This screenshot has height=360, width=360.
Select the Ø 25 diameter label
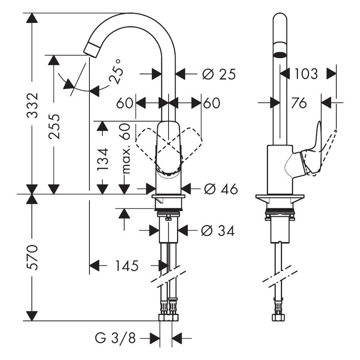219,74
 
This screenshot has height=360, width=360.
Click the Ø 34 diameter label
218,230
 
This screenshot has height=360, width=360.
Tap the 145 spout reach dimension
127,266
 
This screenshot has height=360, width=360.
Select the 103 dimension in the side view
305,74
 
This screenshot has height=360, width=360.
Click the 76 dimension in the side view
299,103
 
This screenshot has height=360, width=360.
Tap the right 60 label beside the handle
212,103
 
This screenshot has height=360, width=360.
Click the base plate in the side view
280,198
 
